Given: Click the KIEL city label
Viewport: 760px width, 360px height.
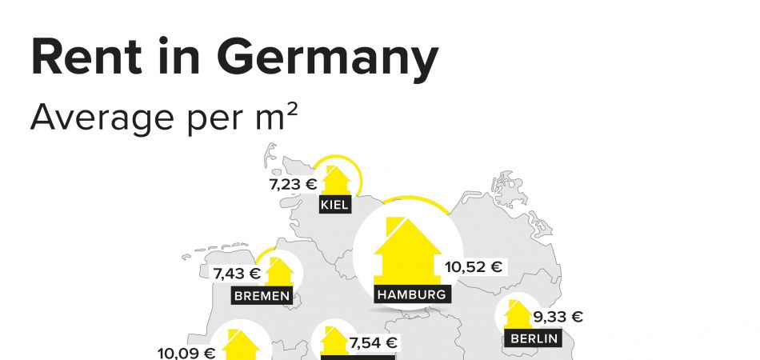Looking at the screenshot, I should click(335, 205).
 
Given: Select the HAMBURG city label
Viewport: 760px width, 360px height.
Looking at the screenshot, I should click(410, 294).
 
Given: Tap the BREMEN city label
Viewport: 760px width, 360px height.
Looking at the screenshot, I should click(261, 296).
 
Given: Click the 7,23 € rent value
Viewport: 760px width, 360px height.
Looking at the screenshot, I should click(294, 184).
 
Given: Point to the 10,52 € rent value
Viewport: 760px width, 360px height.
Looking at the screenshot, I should click(474, 266).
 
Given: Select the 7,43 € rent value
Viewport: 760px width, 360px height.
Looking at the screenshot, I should click(237, 274).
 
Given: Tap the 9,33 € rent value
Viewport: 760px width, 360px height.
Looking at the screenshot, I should click(558, 317).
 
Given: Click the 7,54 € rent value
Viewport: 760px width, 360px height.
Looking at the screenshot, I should click(374, 343).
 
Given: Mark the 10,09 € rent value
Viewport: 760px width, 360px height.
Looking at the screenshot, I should click(186, 352).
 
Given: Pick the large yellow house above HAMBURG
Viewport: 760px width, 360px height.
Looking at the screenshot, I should click(407, 250).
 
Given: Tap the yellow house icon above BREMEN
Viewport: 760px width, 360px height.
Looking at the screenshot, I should click(279, 272).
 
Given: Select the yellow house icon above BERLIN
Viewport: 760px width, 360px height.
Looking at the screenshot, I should click(517, 316).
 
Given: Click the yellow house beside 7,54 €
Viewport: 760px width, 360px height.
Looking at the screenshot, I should click(334, 342).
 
